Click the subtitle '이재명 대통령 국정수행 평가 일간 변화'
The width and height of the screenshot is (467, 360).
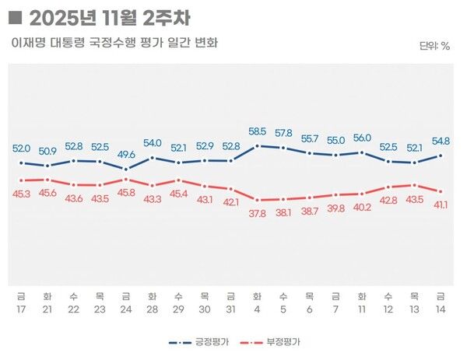coord(114,42)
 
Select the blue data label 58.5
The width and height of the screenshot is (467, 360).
coord(257,132)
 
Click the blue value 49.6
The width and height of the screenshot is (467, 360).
coord(126,154)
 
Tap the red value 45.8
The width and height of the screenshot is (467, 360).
coord(126,192)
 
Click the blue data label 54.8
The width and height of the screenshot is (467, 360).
coord(442,141)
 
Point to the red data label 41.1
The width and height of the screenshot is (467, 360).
coord(442,204)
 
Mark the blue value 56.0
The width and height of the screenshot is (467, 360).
coord(362,138)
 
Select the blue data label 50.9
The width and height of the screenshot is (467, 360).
coord(47,151)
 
